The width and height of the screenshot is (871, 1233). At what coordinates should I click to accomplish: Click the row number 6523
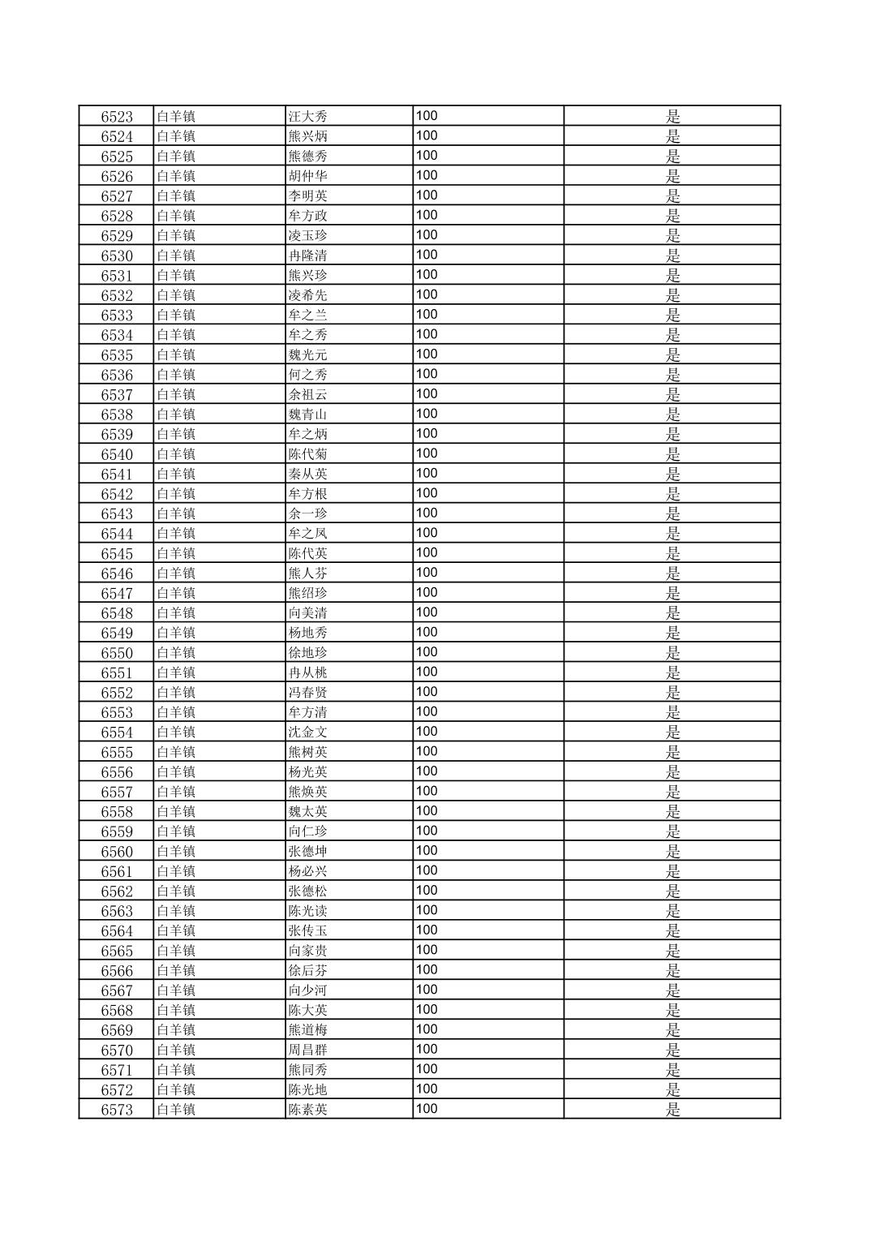117,117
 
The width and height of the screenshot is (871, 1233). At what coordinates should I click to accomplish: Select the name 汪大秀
308,117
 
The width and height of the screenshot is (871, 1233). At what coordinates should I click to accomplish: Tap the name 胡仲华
308,176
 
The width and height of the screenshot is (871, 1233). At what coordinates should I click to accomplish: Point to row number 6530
117,256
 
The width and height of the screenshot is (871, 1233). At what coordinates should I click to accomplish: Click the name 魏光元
308,355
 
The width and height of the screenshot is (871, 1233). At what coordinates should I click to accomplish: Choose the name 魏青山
308,415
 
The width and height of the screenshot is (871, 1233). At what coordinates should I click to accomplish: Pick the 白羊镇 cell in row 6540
176,454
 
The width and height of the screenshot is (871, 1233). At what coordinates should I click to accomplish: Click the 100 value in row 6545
427,552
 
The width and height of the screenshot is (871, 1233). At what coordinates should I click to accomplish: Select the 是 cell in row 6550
672,653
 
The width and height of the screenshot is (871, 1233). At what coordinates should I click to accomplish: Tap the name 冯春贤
308,693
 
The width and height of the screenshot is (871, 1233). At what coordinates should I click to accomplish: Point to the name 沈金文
308,732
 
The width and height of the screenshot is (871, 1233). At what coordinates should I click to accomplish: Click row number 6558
117,812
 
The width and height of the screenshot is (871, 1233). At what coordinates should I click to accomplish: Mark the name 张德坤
308,852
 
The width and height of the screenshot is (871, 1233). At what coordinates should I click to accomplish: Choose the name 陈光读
308,911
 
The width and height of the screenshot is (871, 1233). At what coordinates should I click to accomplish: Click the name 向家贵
308,951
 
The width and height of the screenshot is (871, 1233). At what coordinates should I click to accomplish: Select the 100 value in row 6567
427,990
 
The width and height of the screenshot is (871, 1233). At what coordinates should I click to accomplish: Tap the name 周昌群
308,1050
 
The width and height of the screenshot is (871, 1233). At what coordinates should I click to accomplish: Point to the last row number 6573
117,1110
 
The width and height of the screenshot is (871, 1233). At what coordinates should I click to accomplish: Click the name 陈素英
308,1110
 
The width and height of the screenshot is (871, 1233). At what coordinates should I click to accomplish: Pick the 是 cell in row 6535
672,355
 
